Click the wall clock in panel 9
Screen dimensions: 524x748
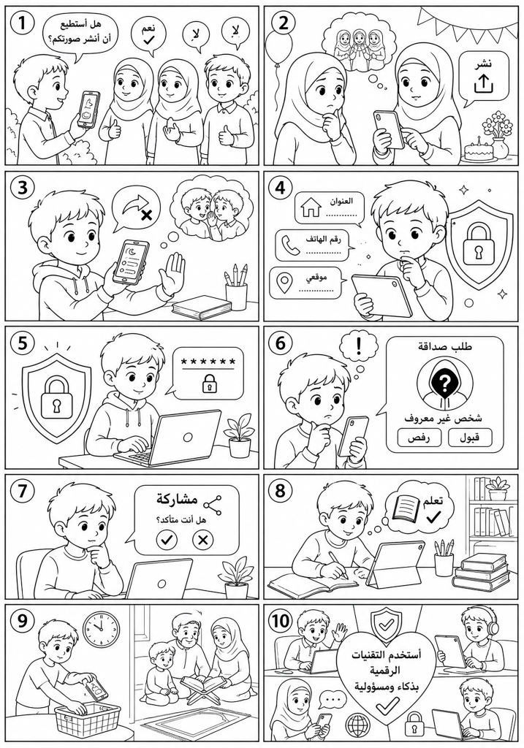102,629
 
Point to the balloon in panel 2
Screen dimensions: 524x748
279,46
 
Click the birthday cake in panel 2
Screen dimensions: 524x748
478,149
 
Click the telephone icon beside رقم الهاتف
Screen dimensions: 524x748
290,245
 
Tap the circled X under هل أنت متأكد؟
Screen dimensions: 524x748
202,540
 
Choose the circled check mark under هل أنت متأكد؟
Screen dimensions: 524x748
167,540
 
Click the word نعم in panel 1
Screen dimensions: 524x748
148,28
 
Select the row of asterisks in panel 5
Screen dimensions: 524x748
208,362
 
